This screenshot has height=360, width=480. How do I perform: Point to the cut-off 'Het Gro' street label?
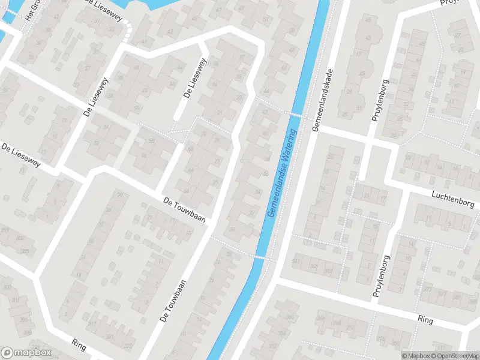coord(31,10)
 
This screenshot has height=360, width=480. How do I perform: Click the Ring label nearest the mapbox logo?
coord(79,344)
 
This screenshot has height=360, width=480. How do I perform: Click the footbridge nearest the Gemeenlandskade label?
coord(295,114)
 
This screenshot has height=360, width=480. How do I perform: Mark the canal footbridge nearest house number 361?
coord(260,257)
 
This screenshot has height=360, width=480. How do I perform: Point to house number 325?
coord(128,346)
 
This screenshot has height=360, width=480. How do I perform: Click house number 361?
coord(296,262)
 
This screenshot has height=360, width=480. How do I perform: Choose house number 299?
coord(5,230)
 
